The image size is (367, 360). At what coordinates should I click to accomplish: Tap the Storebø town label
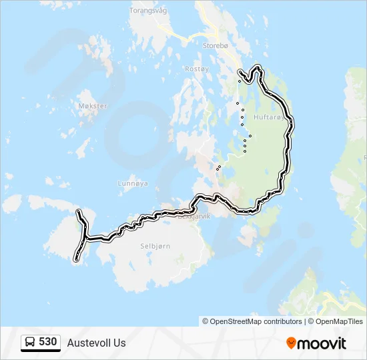216,46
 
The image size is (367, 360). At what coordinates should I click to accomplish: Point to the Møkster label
92,106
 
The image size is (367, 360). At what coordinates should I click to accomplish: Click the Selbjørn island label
155,246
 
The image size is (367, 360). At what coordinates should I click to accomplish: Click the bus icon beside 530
30,343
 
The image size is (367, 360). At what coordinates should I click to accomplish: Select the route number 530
47,342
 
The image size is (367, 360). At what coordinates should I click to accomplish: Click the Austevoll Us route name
96,343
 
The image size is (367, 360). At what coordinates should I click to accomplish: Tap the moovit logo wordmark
322,343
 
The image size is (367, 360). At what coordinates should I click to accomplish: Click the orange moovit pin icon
291,343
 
